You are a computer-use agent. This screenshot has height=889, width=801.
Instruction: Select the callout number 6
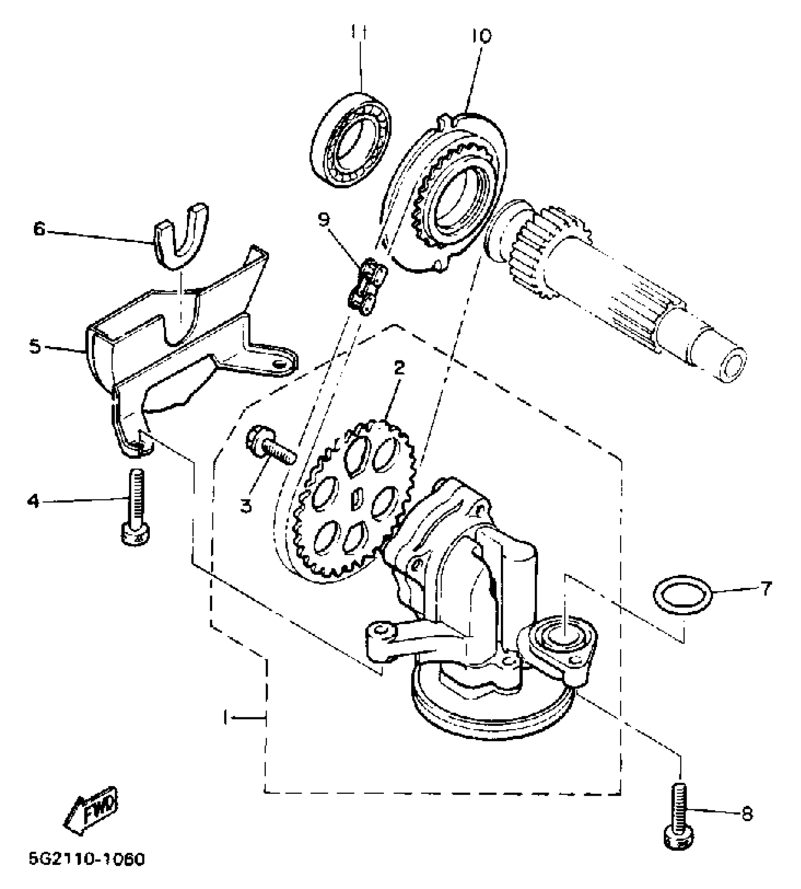tap(39, 230)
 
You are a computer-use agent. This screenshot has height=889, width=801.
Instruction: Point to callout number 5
tap(35, 347)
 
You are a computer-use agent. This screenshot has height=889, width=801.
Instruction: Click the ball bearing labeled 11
tap(352, 141)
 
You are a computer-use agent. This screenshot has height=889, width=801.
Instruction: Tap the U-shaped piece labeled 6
tap(181, 236)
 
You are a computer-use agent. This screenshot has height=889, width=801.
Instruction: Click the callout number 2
tap(400, 368)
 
